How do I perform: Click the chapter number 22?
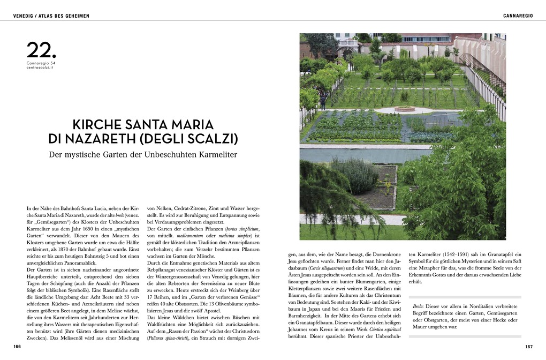coord(41,51)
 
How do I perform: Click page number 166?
coord(17,347)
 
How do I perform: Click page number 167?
coord(529,347)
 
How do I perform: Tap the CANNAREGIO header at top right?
coord(518,16)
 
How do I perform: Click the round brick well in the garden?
coord(404,109)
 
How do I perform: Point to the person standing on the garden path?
coord(323,102)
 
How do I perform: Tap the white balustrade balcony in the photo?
coord(348,43)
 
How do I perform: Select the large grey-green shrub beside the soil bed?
coord(355,176)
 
